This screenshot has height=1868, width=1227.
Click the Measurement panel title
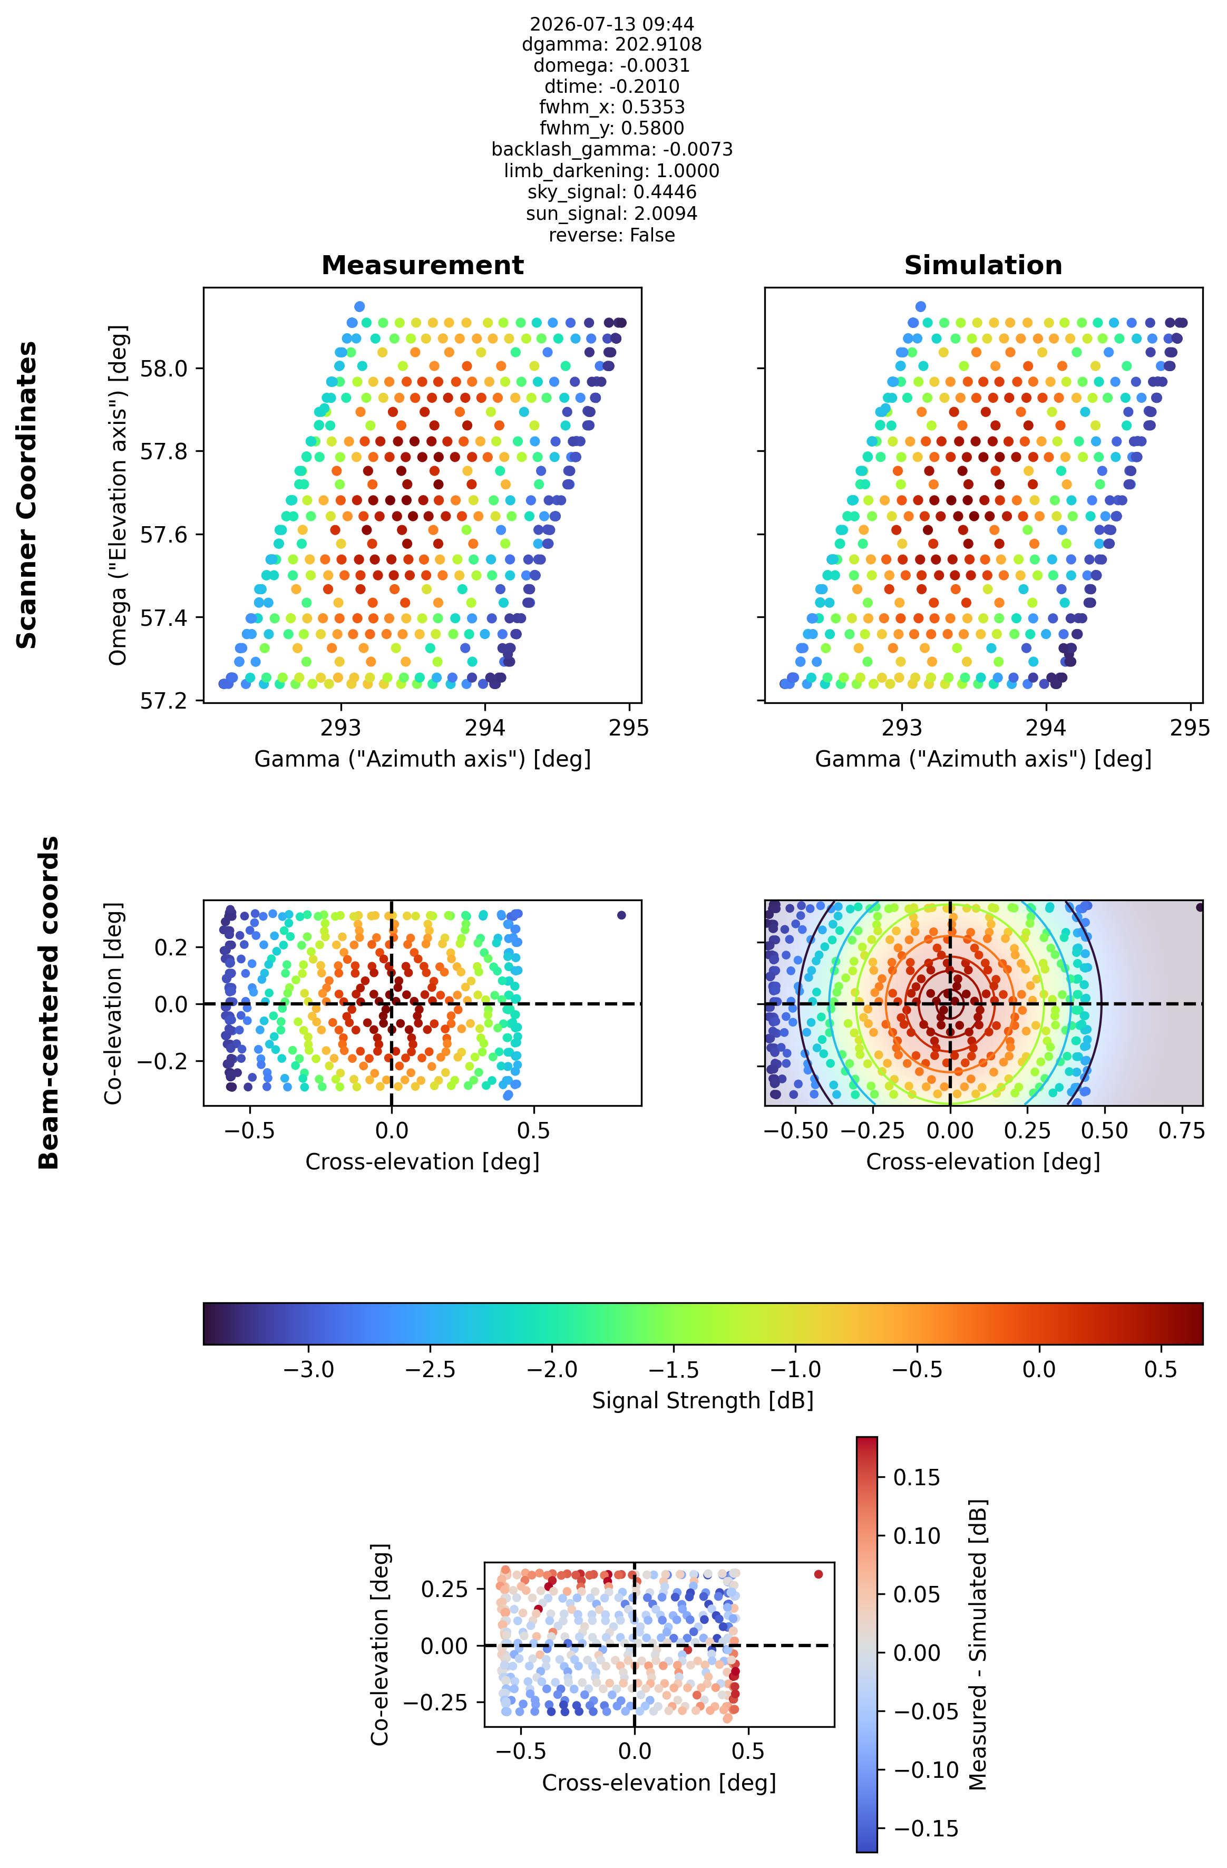(x=422, y=265)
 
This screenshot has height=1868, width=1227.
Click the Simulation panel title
(x=983, y=265)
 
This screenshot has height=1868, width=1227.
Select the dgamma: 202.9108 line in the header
(x=612, y=45)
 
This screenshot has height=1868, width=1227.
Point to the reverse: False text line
(x=612, y=236)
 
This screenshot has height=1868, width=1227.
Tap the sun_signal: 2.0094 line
(x=612, y=214)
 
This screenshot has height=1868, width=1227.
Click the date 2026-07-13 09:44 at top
(x=612, y=24)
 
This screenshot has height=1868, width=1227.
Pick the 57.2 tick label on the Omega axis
(x=163, y=701)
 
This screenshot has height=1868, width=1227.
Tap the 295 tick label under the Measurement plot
(x=629, y=728)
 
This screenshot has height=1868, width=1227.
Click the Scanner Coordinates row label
(x=27, y=495)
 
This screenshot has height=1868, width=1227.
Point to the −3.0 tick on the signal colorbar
(x=309, y=1370)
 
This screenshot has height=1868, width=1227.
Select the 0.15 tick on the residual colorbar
(x=917, y=1478)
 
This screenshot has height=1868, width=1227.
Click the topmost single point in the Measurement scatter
(x=359, y=306)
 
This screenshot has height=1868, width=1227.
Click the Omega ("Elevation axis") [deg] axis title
(x=118, y=495)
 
